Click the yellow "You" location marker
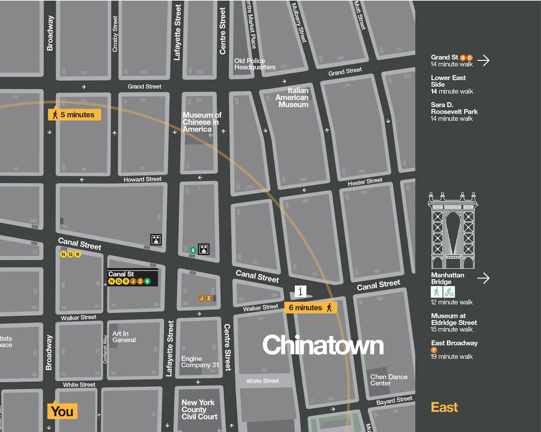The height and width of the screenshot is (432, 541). (x=62, y=411)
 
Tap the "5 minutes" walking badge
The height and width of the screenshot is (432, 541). (x=74, y=115)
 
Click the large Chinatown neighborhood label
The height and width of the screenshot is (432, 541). (x=323, y=346)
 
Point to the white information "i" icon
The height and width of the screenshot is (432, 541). (x=300, y=291)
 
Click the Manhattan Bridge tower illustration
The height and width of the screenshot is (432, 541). (x=453, y=230)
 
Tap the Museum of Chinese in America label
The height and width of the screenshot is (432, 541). (x=201, y=122)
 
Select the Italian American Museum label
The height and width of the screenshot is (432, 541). (x=292, y=98)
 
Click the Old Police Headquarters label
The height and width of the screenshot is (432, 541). (x=255, y=64)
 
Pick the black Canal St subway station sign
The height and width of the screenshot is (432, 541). (x=132, y=278)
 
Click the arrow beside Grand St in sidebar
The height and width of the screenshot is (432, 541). (x=483, y=60)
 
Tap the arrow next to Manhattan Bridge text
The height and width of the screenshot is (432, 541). (x=483, y=278)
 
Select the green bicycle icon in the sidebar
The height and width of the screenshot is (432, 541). (x=449, y=292)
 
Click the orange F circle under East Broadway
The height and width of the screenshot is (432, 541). (x=434, y=350)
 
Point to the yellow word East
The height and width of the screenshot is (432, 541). (x=444, y=407)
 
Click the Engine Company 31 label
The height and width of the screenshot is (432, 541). (x=199, y=362)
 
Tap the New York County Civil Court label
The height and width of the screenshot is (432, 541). (x=199, y=409)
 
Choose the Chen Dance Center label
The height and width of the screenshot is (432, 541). (x=389, y=380)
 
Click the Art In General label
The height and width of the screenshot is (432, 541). (x=124, y=337)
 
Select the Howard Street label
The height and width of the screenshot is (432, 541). (x=142, y=179)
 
